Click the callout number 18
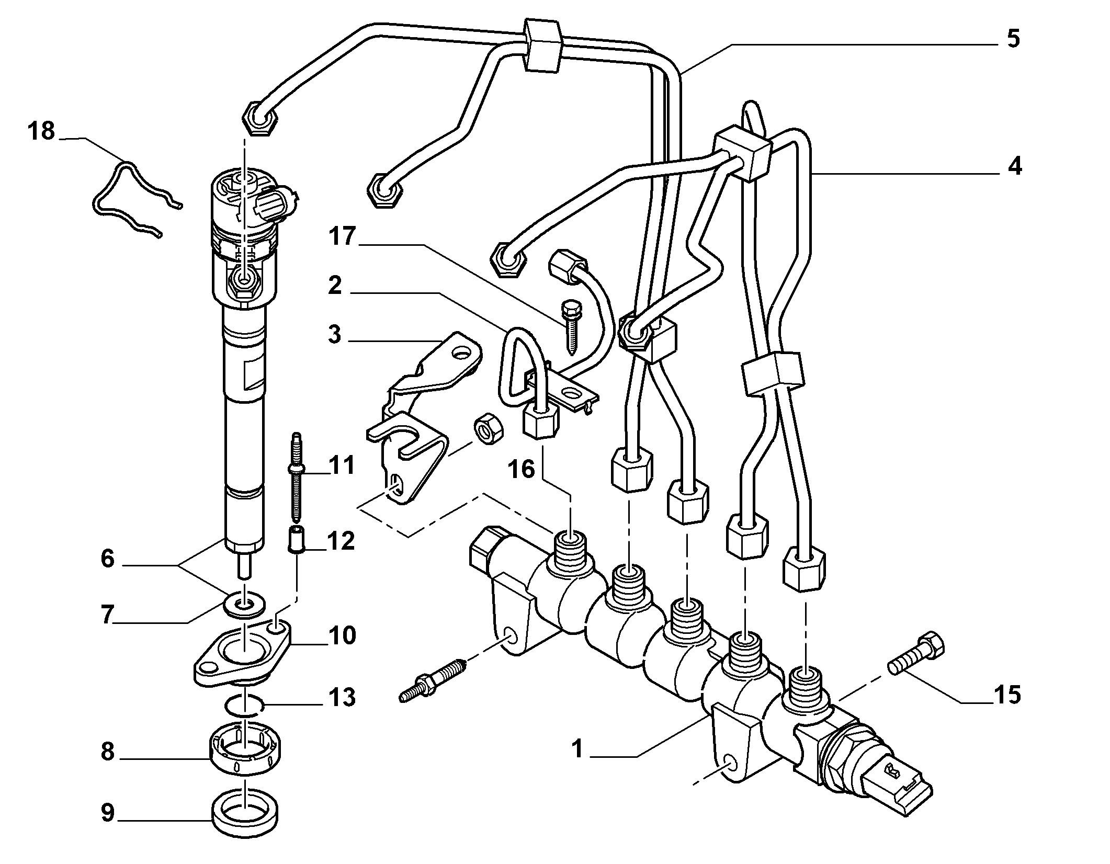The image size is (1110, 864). [x=41, y=131]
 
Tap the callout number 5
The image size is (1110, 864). [x=1013, y=39]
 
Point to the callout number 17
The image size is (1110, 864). [x=342, y=236]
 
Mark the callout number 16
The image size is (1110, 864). [x=521, y=469]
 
